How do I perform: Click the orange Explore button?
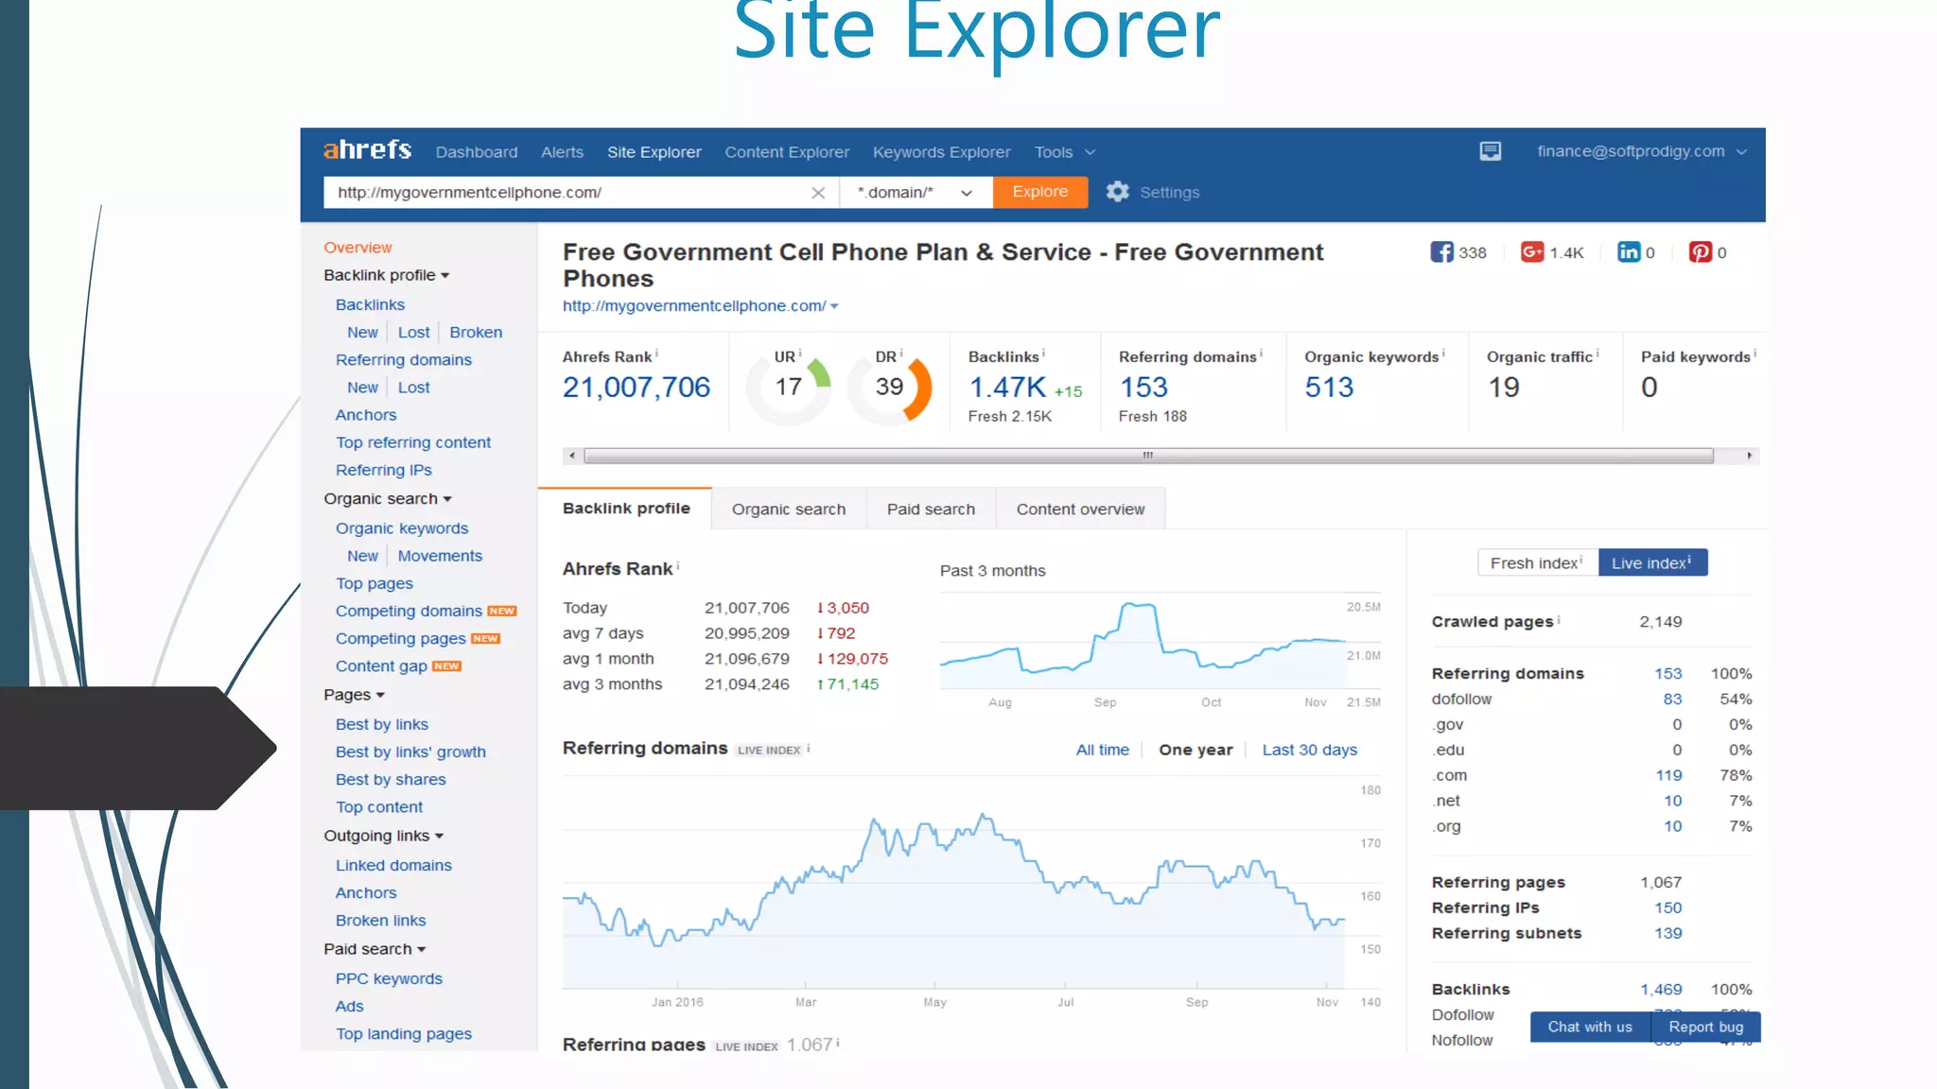1039,192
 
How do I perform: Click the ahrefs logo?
367,150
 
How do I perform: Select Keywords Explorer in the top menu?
941,152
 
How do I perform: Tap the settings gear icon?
1117,192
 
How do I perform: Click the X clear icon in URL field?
818,193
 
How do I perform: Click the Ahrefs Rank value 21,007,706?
636,388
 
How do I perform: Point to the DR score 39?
889,387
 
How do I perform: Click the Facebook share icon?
1441,252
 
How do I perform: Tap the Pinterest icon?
1700,252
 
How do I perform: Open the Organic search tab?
788,510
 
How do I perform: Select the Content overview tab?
1080,510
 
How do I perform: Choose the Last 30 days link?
1309,750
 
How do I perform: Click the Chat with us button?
1589,1027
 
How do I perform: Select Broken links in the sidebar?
380,921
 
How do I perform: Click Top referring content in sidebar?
412,442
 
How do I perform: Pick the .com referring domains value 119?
1668,775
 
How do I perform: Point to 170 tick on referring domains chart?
1370,843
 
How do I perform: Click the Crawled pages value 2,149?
1660,622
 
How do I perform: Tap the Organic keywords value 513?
1329,388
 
